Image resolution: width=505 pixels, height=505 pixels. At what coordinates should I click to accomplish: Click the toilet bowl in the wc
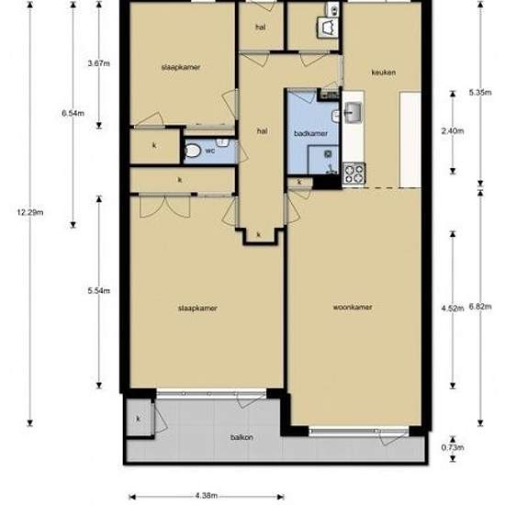193,151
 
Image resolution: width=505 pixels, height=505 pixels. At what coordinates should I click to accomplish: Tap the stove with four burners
353,174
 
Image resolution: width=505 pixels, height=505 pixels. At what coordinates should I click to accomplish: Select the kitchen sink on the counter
353,112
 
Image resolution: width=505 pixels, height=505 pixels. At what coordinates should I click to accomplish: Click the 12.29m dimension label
30,213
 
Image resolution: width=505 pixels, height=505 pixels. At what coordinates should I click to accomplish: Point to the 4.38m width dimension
206,495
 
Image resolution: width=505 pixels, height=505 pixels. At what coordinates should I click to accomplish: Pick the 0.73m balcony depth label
453,447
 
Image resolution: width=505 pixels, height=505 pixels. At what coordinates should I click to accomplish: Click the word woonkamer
353,307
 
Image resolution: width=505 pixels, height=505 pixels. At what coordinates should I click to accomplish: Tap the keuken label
383,73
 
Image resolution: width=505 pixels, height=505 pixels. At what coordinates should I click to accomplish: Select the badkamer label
310,133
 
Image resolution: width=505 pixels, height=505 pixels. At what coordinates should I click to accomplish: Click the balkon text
241,437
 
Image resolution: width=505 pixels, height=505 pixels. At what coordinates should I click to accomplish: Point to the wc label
210,151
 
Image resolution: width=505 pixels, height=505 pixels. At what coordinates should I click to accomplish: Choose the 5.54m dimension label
99,290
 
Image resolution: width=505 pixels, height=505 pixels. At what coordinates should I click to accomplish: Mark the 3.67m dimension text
99,63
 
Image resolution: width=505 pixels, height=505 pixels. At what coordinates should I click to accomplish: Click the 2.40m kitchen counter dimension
453,130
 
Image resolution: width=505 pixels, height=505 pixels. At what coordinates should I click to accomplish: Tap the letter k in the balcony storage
139,419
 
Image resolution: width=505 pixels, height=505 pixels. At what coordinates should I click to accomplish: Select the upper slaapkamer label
181,67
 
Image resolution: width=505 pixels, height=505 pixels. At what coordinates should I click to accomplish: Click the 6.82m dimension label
480,307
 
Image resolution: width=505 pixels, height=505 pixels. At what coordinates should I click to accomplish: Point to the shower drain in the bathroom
328,154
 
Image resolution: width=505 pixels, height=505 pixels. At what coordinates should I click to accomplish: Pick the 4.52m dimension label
453,309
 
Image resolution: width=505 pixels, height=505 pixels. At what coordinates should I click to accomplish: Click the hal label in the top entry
261,28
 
